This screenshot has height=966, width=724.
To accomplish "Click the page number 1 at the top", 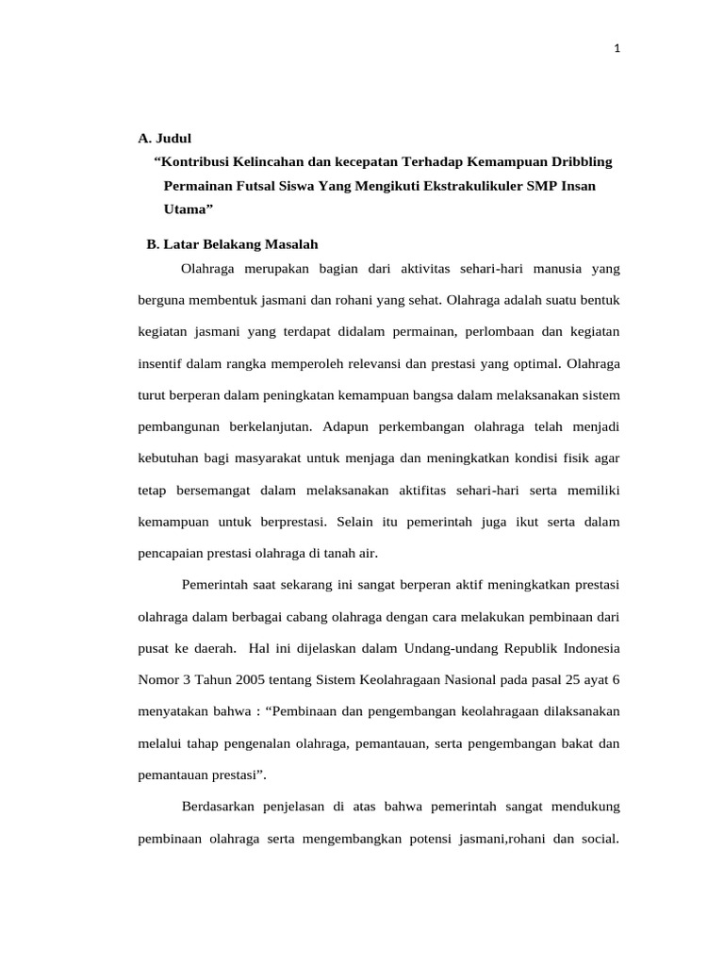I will (x=617, y=50).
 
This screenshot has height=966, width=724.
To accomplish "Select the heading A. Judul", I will (x=165, y=138).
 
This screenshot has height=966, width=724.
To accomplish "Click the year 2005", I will (x=242, y=680).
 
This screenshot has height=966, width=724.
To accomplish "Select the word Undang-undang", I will (x=447, y=649).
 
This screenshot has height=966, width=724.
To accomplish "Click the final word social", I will (x=597, y=839).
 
